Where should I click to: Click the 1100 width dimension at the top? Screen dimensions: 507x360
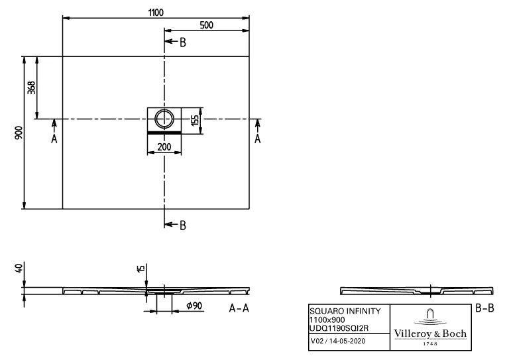pos(156,13)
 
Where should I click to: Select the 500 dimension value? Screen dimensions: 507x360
pos(206,25)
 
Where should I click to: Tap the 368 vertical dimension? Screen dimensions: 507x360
pos(31,88)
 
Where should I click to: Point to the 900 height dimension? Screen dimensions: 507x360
pos(19,133)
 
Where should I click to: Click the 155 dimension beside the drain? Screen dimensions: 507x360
pos(196,120)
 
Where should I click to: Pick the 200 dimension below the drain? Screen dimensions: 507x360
pos(164,147)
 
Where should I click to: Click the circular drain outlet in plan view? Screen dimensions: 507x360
pos(164,119)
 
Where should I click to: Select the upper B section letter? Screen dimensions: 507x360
pos(183,42)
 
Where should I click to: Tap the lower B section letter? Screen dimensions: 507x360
pos(183,225)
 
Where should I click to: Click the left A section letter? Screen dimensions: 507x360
pos(54,139)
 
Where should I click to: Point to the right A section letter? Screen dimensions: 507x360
pos(257,139)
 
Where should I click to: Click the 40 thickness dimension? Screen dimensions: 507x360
pos(19,268)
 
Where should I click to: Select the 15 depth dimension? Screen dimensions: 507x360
pos(141,268)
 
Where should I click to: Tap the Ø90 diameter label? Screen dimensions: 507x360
pos(194,306)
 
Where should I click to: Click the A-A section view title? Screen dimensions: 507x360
pos(239,308)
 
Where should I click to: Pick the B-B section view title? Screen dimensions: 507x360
pos(484,308)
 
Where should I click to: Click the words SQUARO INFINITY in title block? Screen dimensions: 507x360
pos(345,311)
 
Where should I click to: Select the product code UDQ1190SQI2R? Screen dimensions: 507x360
pos(339,328)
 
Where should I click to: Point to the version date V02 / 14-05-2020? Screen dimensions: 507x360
pos(338,341)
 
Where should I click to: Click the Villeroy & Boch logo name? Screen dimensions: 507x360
pos(430,333)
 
